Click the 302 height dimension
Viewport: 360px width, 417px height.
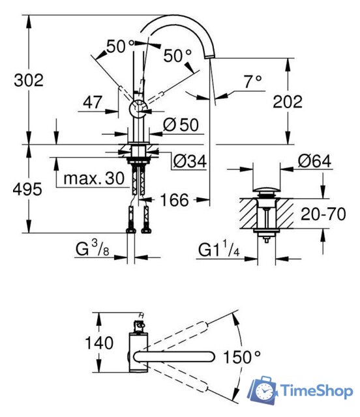point(29,80)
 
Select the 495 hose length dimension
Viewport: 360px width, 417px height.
point(27,189)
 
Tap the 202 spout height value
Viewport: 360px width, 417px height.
point(288,102)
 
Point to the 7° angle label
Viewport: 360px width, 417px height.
point(253,81)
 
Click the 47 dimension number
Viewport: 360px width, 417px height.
point(93,102)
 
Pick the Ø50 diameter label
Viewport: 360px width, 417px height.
point(181,124)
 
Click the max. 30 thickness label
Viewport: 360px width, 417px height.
point(94,178)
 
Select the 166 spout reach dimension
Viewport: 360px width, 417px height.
point(174,200)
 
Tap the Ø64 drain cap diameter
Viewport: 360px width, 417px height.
point(314,161)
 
